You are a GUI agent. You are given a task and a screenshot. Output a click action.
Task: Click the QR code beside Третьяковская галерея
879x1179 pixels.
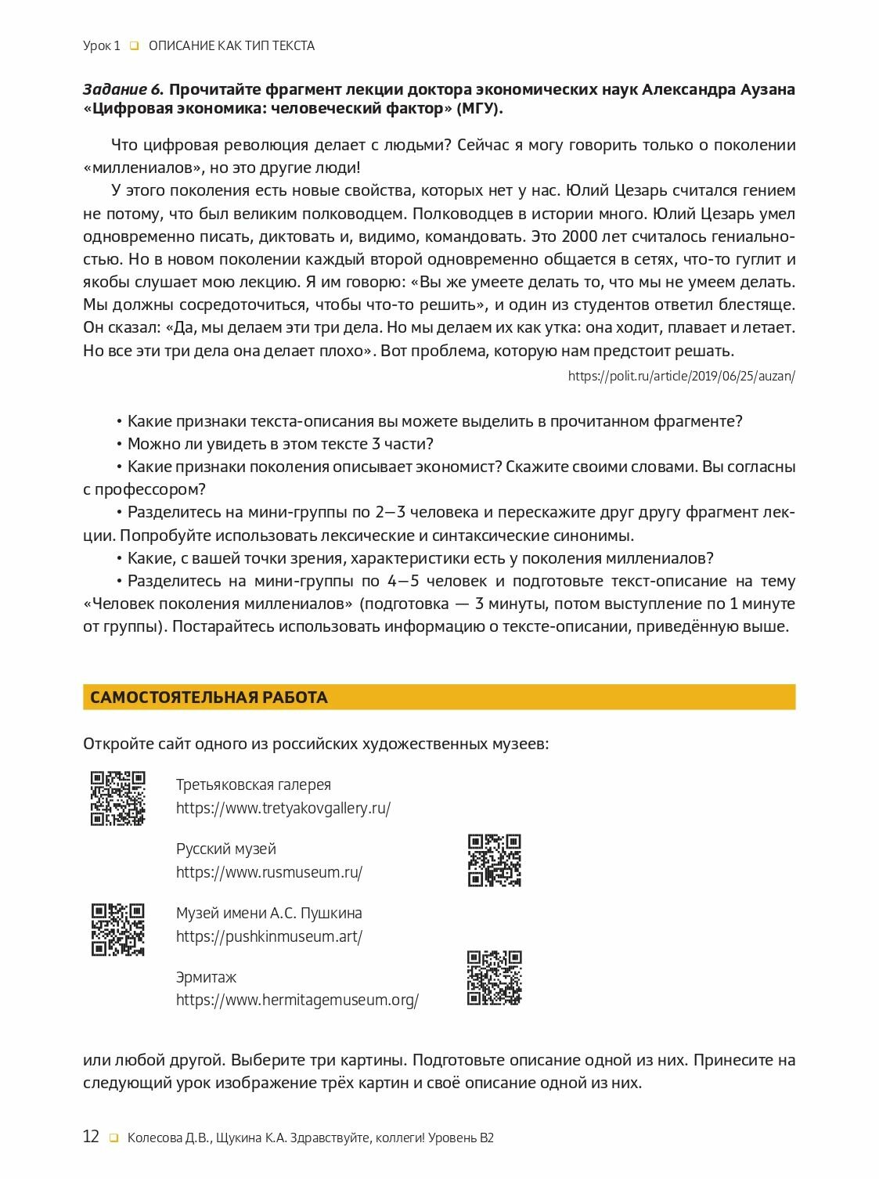point(117,798)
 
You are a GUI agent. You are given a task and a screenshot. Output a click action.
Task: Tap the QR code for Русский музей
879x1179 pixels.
point(494,860)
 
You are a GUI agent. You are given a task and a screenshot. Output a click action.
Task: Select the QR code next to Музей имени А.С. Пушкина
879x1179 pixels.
point(117,929)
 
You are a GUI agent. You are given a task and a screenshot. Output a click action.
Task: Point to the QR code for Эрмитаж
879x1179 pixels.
point(494,977)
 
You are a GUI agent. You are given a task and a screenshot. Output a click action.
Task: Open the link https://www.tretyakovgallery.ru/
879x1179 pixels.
point(283,808)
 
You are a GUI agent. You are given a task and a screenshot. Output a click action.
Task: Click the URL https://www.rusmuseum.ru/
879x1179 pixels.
point(268,872)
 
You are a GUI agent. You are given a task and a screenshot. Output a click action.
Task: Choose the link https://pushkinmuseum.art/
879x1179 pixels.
point(268,936)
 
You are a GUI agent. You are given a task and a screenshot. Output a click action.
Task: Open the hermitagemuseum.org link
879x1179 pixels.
point(297,1000)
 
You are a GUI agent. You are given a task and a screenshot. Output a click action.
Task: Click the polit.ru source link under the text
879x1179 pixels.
point(681,376)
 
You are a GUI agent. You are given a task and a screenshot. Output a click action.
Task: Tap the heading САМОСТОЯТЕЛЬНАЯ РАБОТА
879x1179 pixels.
point(208,698)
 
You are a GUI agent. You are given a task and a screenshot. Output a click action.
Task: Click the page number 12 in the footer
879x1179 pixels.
point(91,1137)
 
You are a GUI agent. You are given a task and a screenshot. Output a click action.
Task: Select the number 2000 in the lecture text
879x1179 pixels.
point(579,236)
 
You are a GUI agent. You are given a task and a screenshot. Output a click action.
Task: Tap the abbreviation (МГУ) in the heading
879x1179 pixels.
point(479,109)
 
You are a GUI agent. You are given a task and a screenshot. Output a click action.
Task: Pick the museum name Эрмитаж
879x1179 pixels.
point(206,977)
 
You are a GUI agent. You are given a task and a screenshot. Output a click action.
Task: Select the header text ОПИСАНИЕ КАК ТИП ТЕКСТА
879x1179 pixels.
point(232,46)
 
